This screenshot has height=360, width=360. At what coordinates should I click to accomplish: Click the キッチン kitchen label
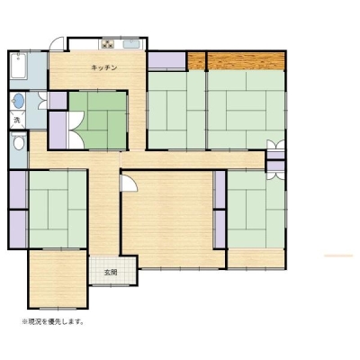[x=103, y=67]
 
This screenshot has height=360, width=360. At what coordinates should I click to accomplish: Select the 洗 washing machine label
[x=17, y=120]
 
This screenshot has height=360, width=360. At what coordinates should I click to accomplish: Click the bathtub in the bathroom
[x=18, y=66]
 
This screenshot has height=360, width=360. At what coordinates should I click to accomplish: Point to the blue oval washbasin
[x=18, y=101]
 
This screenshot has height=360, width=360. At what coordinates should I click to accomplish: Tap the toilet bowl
[x=19, y=141]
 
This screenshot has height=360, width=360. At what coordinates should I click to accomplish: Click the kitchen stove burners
[x=108, y=44]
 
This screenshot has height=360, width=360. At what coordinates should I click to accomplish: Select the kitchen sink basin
[x=131, y=44]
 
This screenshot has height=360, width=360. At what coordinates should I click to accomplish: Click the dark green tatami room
[x=97, y=120]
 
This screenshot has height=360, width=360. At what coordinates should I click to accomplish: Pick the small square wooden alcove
[x=196, y=61]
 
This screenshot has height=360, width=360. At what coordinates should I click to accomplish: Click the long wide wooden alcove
[x=246, y=61]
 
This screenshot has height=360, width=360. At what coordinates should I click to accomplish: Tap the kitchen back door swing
[x=57, y=44]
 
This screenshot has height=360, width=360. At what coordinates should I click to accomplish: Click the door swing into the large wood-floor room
[x=129, y=183]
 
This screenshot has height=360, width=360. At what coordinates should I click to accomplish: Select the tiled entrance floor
[x=112, y=270]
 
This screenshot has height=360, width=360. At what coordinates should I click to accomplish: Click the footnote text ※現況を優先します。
[x=53, y=322]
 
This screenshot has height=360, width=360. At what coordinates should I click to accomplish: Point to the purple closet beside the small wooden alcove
[x=166, y=61]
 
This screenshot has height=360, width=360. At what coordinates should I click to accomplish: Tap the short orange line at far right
[x=338, y=256]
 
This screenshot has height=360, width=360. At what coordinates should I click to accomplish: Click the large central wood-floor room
[x=173, y=219]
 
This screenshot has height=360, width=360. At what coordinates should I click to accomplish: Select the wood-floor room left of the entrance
[x=58, y=279]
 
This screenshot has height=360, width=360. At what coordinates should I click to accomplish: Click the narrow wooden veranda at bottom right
[x=256, y=258]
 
